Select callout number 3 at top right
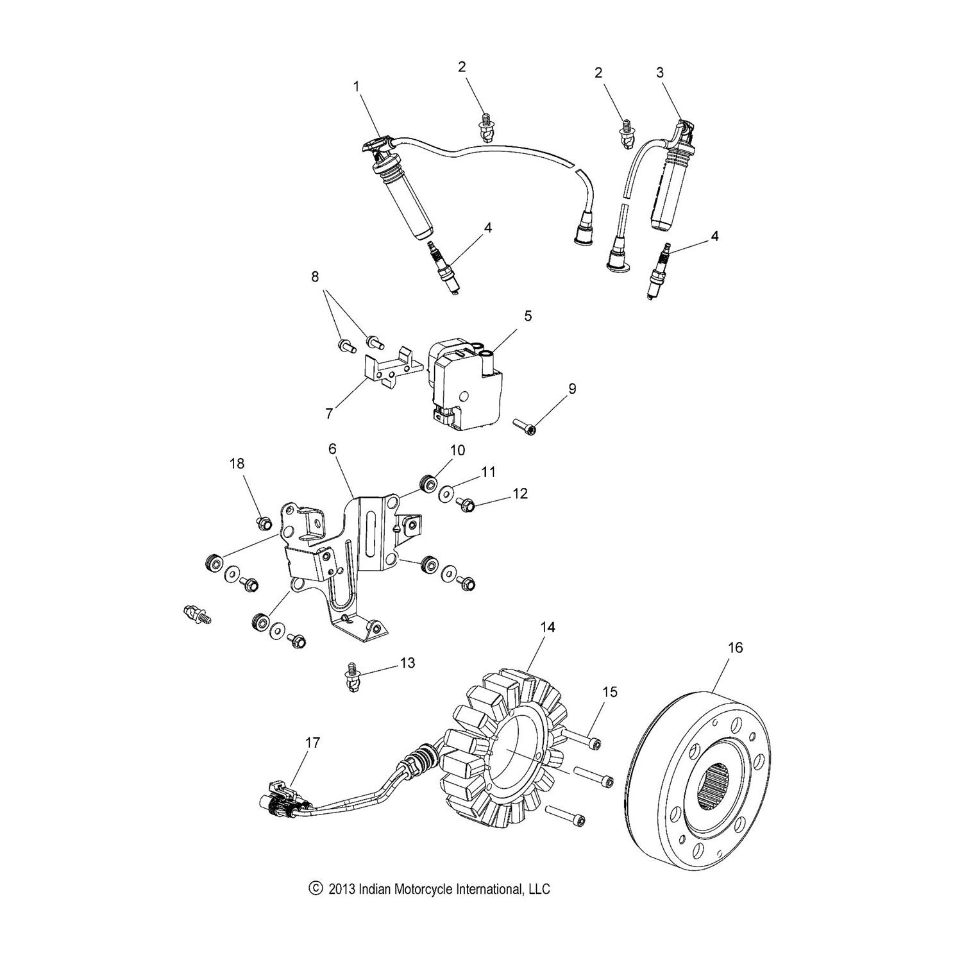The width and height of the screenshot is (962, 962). pyautogui.click(x=661, y=73)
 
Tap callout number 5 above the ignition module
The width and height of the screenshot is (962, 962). pyautogui.click(x=528, y=316)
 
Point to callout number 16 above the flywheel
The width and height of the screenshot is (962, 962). pyautogui.click(x=735, y=648)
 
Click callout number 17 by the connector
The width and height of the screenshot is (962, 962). pyautogui.click(x=312, y=743)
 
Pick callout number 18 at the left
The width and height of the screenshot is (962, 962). pyautogui.click(x=237, y=463)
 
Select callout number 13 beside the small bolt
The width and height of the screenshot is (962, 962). pyautogui.click(x=408, y=663)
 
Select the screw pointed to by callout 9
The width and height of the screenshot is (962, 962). pyautogui.click(x=525, y=425)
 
